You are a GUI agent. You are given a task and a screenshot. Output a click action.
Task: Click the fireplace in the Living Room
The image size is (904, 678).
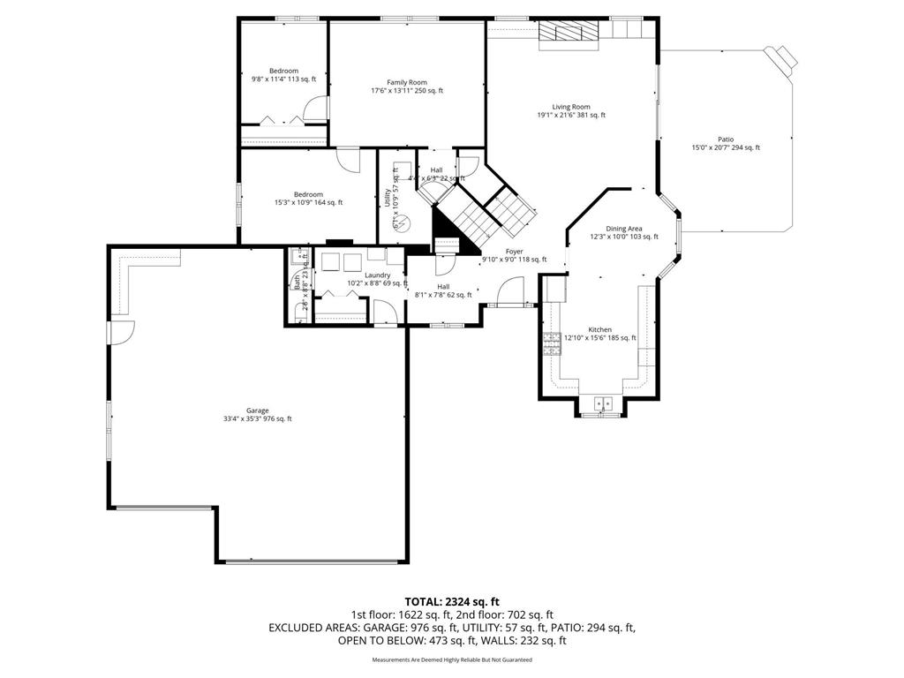(x=569, y=31)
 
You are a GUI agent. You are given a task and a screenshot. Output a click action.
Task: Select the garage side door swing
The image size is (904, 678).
(x=122, y=332)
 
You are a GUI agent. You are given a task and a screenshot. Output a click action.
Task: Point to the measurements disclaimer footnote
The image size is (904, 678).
(x=451, y=659)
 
